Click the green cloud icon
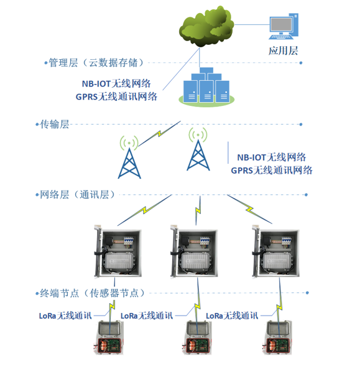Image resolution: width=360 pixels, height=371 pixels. (x=206, y=27)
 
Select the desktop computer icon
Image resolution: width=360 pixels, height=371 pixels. (x=284, y=26)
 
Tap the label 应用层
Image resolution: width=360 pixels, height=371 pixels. (x=283, y=51)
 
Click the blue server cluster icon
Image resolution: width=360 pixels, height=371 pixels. (x=206, y=87)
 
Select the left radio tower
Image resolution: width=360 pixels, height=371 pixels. (x=129, y=157)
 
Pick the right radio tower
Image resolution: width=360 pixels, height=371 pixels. (x=198, y=149)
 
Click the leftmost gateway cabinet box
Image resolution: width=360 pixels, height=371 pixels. (x=118, y=251)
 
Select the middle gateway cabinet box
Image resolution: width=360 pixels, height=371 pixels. (x=194, y=251)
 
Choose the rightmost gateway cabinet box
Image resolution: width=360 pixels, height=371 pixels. (x=275, y=251)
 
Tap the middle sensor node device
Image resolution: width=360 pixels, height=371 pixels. (x=196, y=337)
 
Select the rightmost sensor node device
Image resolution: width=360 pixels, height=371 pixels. (x=277, y=337)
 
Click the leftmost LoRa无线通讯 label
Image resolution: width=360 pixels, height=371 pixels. (x=65, y=316)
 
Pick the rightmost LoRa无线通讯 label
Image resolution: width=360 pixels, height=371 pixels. (x=232, y=316)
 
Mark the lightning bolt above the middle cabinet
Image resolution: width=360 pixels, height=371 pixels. (x=198, y=210)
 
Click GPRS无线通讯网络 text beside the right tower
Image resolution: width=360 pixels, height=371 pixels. (x=272, y=171)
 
